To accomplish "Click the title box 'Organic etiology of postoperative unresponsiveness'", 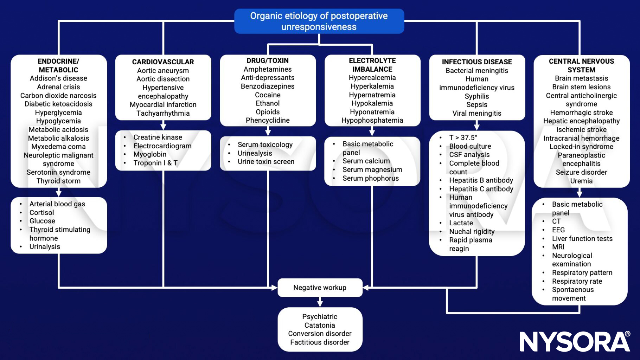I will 319,21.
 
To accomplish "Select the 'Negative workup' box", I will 320,288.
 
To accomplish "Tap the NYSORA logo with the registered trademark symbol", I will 575,341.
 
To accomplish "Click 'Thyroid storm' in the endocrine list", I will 58,181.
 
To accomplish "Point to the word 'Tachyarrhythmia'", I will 163,113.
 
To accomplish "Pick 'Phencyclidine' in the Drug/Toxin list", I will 268,120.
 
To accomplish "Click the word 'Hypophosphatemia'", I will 372,120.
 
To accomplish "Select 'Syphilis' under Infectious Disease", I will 476,96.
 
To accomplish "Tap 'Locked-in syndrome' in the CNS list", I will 581,147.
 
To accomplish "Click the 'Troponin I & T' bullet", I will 155,163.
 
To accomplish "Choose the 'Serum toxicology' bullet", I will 265,144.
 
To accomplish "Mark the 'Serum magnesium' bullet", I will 372,169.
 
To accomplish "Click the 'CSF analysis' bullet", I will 469,155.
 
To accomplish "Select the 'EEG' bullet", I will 558,230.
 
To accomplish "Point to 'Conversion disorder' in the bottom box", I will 320,334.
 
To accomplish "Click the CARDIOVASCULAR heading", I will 163,62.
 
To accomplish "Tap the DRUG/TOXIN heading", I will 268,60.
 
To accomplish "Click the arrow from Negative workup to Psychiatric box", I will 320,302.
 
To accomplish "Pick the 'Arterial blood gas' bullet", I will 57,204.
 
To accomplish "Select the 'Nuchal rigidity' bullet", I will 472,232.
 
